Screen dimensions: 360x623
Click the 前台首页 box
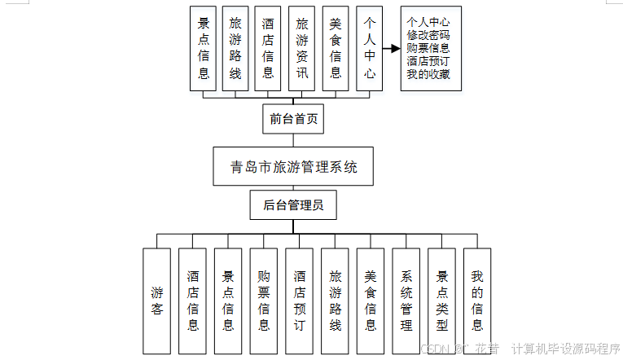click(293, 119)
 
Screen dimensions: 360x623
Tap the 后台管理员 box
click(293, 205)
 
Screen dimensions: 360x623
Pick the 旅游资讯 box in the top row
click(301, 48)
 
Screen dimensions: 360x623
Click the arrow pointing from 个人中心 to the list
click(391, 48)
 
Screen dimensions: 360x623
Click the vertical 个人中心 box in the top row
click(370, 48)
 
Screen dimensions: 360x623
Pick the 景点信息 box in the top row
click(204, 48)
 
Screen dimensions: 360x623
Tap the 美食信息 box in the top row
click(336, 48)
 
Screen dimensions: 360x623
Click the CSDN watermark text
click(437, 349)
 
